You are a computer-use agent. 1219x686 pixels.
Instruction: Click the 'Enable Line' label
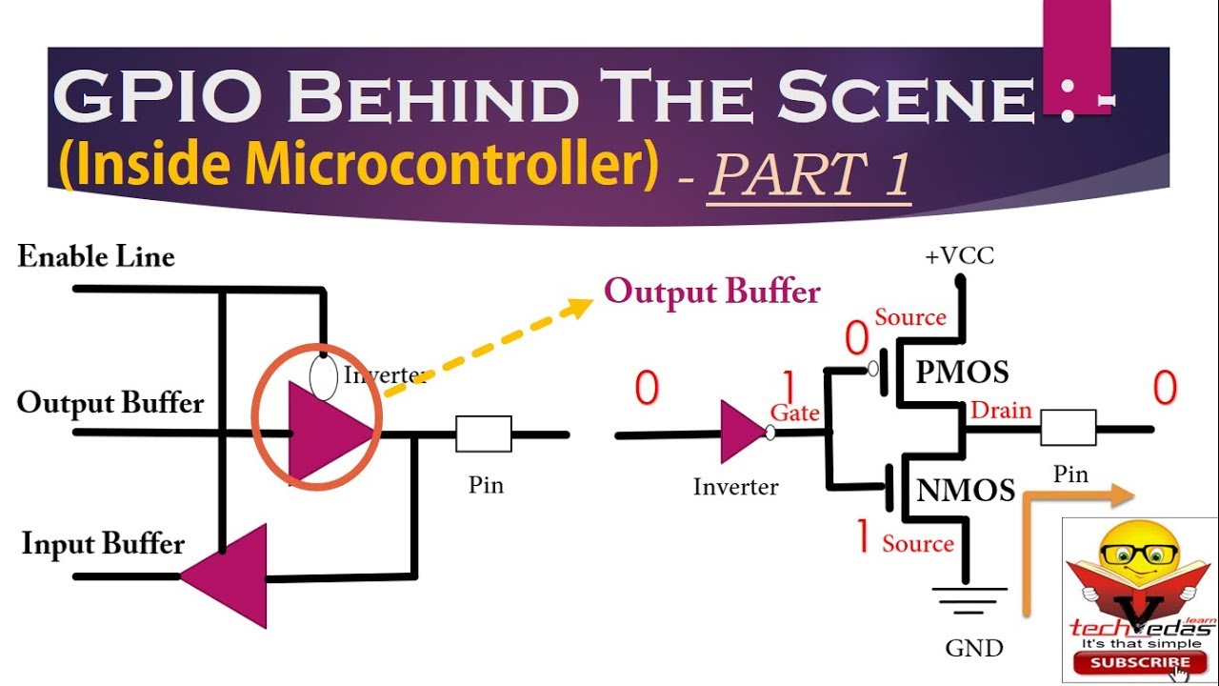pos(96,257)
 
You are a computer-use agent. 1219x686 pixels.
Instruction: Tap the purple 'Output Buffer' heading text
pos(712,292)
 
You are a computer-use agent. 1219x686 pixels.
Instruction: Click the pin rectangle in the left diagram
pos(484,434)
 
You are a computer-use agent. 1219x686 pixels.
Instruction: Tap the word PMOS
pos(962,373)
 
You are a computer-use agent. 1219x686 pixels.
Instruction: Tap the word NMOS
pos(965,491)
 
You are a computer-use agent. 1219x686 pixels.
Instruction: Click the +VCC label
pos(959,256)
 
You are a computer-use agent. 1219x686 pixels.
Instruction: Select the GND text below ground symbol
pos(974,649)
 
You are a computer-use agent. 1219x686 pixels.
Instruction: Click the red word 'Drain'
pos(1001,411)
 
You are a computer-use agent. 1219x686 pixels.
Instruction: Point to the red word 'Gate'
pos(794,413)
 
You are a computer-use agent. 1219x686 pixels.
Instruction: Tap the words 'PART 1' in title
pos(809,176)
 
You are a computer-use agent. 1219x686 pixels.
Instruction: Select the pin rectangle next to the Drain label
pos(1068,429)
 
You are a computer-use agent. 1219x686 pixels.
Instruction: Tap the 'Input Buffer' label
pos(103,545)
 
